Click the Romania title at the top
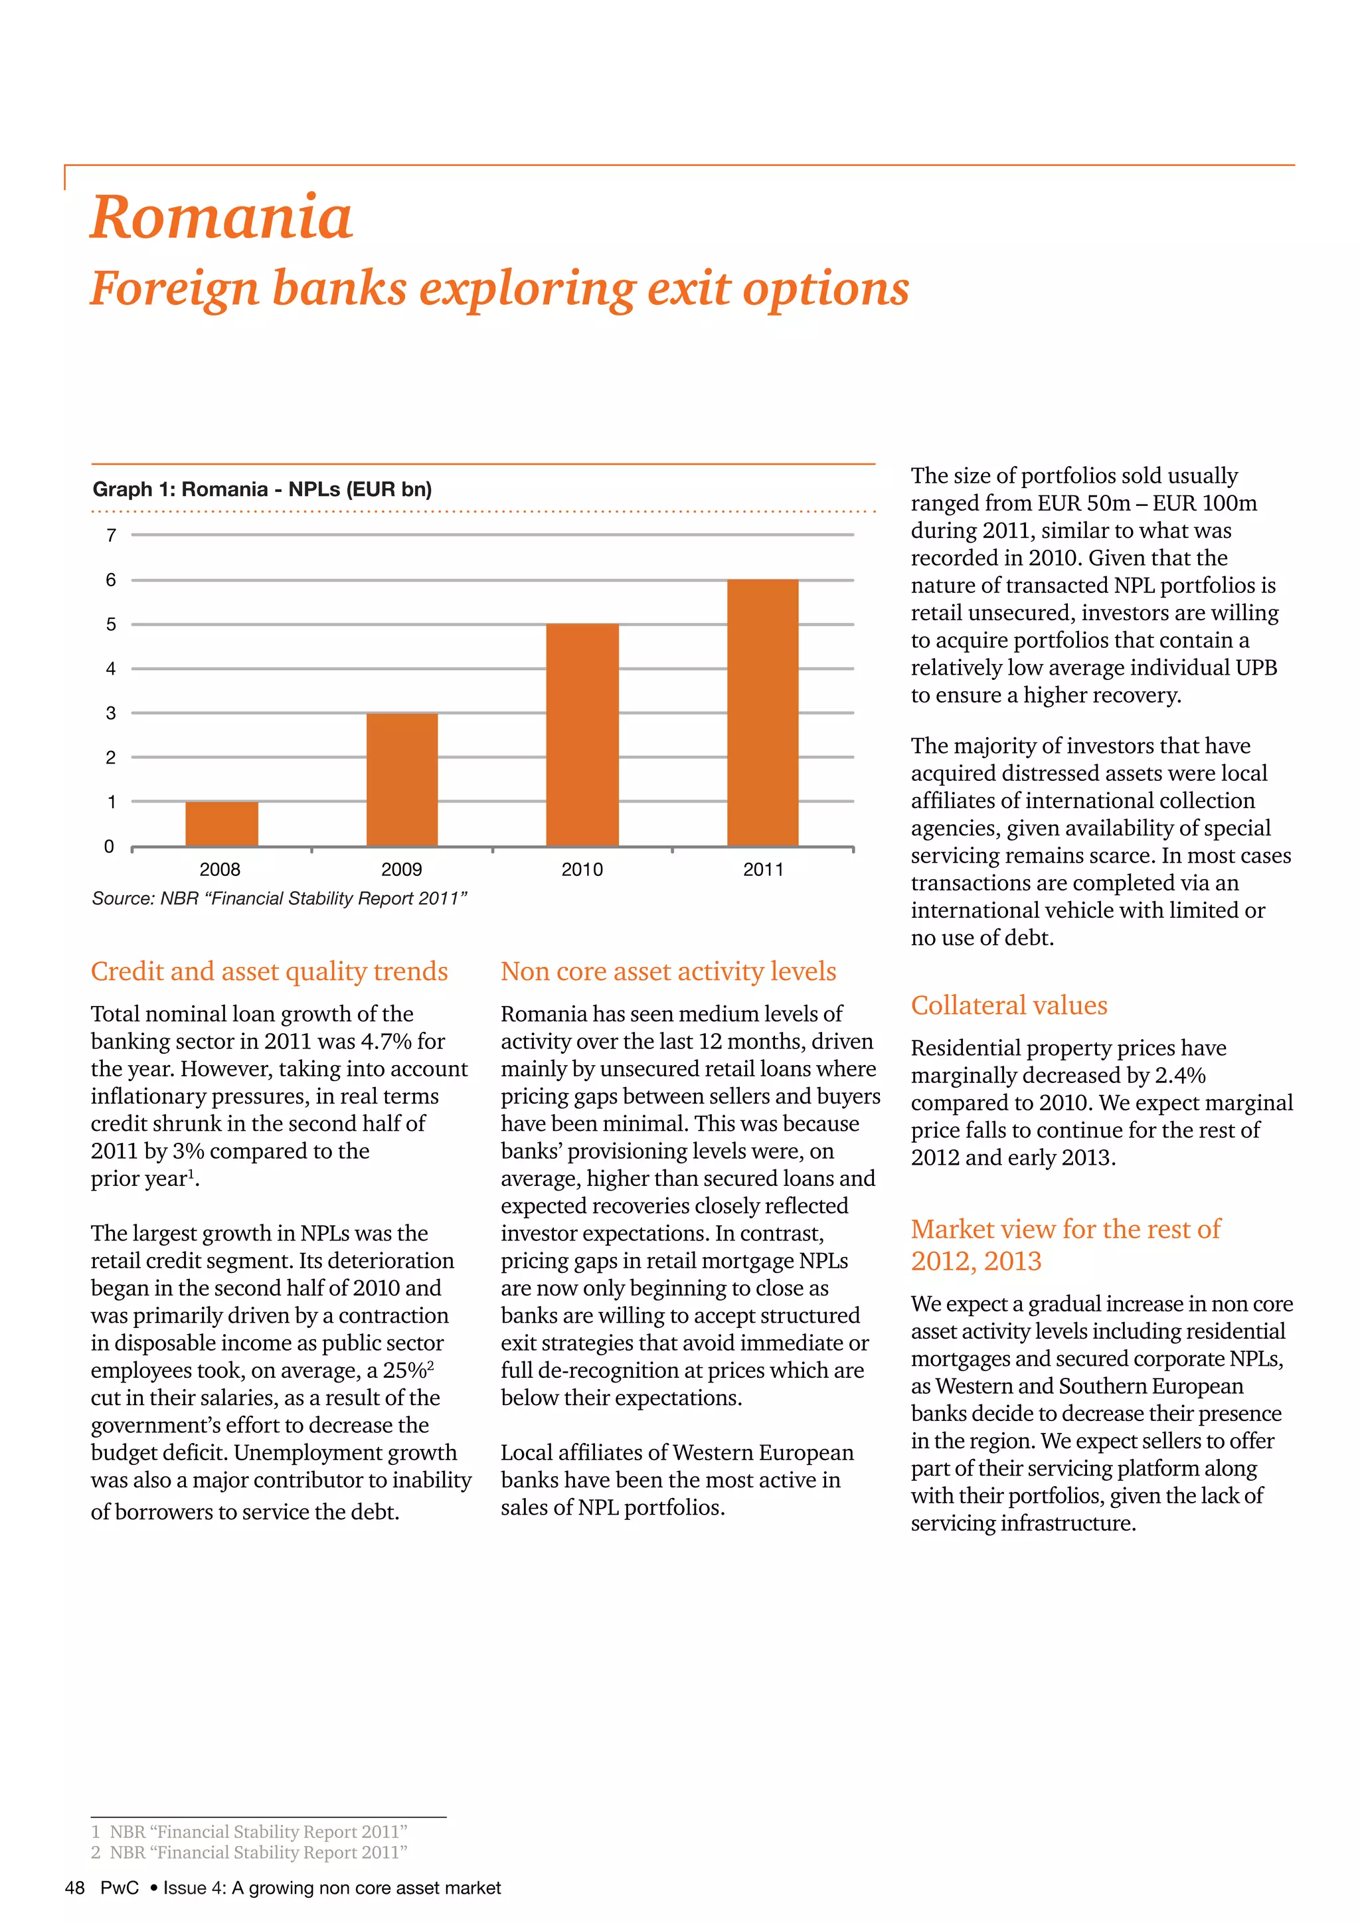[x=221, y=218]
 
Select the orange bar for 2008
[x=222, y=824]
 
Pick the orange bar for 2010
[x=582, y=735]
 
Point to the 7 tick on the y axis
[x=110, y=535]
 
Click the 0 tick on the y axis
[x=109, y=847]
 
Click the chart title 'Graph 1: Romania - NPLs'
[x=262, y=489]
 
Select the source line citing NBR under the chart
[x=279, y=898]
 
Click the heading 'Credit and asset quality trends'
[x=269, y=971]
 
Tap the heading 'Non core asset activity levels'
[x=668, y=971]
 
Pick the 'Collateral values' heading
[x=1009, y=1005]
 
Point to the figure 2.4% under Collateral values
[x=1179, y=1076]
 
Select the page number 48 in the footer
[x=74, y=1888]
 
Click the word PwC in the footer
[x=119, y=1888]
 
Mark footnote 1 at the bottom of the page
[x=249, y=1832]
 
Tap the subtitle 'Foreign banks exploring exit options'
[x=499, y=289]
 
